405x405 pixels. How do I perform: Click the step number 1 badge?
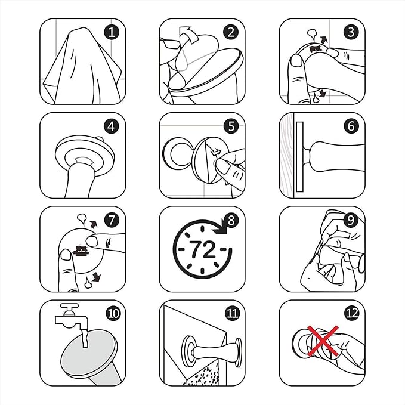[112, 33]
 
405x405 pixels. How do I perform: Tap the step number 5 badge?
[231, 126]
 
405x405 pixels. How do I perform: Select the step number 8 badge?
[231, 220]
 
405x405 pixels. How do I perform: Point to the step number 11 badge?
[232, 314]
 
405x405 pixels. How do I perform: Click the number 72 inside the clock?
[202, 249]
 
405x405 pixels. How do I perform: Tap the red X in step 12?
[323, 341]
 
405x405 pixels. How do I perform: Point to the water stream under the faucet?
[84, 338]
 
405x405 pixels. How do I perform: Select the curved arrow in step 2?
[189, 35]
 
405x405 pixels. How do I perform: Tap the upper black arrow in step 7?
[94, 224]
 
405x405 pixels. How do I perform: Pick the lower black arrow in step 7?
[97, 277]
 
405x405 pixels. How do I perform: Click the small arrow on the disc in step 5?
[216, 152]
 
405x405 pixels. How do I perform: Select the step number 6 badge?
[351, 126]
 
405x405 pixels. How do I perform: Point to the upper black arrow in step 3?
[324, 39]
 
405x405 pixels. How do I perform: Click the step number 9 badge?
[351, 220]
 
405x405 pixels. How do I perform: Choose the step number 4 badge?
[112, 126]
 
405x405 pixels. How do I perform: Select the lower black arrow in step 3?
[323, 94]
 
